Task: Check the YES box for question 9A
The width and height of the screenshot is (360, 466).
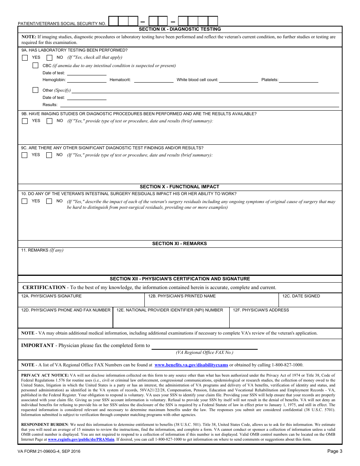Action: [x=25, y=58]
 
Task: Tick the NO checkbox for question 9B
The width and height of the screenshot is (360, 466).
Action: [x=49, y=121]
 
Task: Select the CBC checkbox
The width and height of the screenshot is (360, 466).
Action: [x=36, y=66]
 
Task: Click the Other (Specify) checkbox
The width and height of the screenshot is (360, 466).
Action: [x=36, y=90]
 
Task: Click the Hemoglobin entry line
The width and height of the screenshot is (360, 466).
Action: [x=87, y=80]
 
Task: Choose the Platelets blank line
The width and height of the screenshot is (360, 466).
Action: [x=298, y=80]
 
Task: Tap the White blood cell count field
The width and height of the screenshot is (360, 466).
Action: [x=238, y=80]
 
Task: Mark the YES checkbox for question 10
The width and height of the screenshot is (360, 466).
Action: [x=25, y=201]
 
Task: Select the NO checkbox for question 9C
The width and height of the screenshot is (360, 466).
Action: [x=49, y=155]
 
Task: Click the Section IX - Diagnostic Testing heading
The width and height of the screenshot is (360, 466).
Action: [x=180, y=29]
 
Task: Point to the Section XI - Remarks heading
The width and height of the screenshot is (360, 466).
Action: [x=180, y=244]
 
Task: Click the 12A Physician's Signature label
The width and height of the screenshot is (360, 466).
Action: [x=52, y=296]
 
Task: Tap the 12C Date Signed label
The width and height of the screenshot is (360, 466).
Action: [x=301, y=296]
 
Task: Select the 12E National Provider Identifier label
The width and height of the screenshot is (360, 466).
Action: [x=170, y=310]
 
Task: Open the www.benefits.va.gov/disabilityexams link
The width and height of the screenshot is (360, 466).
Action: [x=191, y=365]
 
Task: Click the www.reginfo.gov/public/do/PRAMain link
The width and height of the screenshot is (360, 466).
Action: [x=81, y=439]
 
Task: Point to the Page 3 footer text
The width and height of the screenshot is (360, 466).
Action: [x=335, y=451]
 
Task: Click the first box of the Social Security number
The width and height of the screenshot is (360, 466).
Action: [x=113, y=21]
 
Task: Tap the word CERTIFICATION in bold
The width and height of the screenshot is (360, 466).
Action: [x=44, y=288]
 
